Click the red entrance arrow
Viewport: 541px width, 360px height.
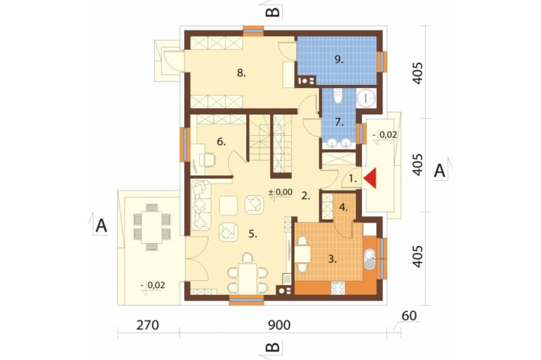(x=370, y=179)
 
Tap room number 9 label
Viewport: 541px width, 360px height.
(x=339, y=59)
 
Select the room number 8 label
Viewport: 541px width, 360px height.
(x=241, y=73)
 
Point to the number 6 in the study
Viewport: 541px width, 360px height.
(x=221, y=142)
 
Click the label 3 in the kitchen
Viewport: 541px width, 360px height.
(x=332, y=259)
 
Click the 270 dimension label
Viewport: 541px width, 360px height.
(x=148, y=325)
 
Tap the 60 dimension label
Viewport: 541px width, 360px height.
(x=409, y=316)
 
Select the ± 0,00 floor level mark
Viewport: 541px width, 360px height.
(x=280, y=192)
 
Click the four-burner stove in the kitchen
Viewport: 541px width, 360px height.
(x=338, y=288)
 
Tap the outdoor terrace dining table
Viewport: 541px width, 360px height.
(x=152, y=227)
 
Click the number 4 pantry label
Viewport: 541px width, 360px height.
(x=343, y=208)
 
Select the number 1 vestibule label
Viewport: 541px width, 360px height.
(x=353, y=178)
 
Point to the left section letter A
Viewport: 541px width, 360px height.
(x=101, y=226)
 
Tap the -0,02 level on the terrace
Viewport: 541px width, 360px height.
(x=153, y=285)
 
